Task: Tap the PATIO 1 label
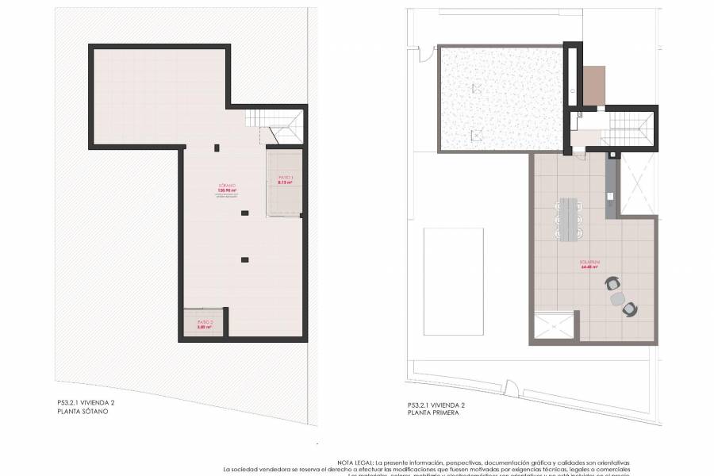pos(286,177)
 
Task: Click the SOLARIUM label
pos(588,263)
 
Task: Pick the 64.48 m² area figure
pos(588,267)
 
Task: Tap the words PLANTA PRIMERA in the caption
pos(432,413)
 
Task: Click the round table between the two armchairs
pos(618,297)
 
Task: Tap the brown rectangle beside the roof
pos(593,86)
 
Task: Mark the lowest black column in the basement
pos(244,259)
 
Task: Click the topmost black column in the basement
pos(217,147)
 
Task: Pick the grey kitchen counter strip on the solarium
pos(610,186)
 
